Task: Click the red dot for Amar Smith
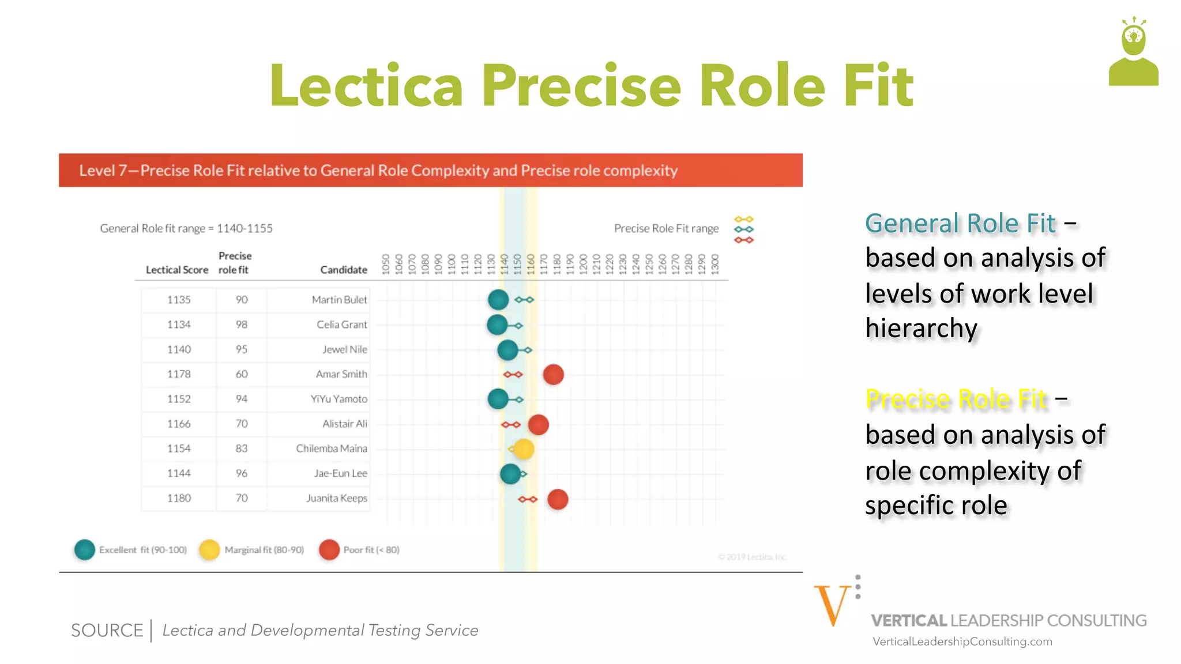[553, 375]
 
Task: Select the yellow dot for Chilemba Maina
[523, 449]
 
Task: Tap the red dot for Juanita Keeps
[558, 499]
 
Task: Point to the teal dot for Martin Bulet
[498, 300]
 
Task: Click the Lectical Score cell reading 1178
[179, 374]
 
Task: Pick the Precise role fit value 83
[241, 448]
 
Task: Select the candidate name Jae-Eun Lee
[340, 473]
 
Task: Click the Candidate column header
[344, 270]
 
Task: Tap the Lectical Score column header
[176, 270]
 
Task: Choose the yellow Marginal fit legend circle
[209, 550]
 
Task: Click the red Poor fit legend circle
[329, 550]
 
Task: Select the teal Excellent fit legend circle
[85, 550]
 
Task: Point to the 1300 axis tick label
[715, 264]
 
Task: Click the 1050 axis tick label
[386, 264]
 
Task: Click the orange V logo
[832, 605]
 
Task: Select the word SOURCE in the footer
[107, 631]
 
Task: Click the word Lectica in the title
[367, 86]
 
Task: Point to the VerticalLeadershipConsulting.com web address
[962, 642]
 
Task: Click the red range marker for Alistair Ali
[511, 425]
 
